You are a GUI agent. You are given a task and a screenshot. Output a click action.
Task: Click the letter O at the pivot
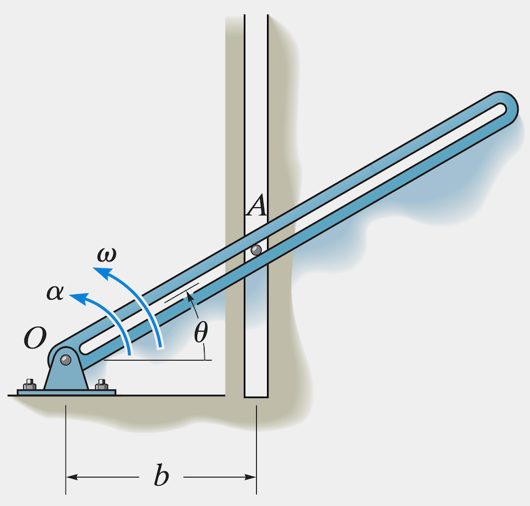[x=35, y=338]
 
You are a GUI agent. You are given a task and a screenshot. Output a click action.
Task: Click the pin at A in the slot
[x=256, y=250]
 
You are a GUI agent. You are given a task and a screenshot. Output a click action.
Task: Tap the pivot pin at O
[x=65, y=359]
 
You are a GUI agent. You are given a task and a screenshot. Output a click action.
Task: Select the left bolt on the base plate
[x=29, y=385]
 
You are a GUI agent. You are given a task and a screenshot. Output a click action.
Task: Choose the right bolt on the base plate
[x=102, y=385]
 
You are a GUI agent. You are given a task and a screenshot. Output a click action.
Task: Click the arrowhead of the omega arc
[x=99, y=272]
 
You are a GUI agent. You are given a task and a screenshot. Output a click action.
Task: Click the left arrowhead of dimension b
[x=71, y=477]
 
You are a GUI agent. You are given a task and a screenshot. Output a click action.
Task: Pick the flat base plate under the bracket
[x=67, y=392]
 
